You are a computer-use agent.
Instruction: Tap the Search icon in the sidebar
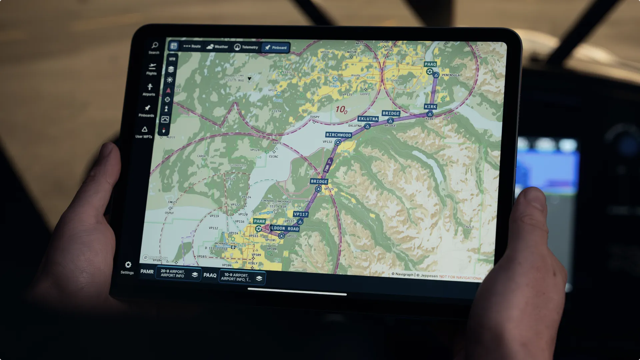pyautogui.click(x=155, y=45)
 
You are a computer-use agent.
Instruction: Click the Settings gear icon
pyautogui.click(x=128, y=265)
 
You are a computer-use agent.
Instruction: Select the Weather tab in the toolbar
pyautogui.click(x=217, y=47)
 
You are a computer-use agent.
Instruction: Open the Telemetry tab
pyautogui.click(x=246, y=47)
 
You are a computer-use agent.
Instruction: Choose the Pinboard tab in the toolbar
pyautogui.click(x=276, y=48)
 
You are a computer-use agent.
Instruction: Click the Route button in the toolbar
pyautogui.click(x=192, y=46)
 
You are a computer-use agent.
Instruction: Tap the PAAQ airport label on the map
pyautogui.click(x=430, y=64)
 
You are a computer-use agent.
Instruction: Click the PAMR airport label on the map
pyautogui.click(x=259, y=221)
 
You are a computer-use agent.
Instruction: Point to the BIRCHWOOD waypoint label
pyautogui.click(x=339, y=135)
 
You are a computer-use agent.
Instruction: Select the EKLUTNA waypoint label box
pyautogui.click(x=368, y=119)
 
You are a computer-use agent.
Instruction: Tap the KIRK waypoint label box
pyautogui.click(x=430, y=107)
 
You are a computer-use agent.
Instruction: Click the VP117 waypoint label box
pyautogui.click(x=301, y=214)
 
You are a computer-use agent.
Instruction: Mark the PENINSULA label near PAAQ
pyautogui.click(x=451, y=75)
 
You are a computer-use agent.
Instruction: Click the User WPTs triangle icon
pyautogui.click(x=144, y=129)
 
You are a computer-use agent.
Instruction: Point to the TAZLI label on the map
pyautogui.click(x=469, y=227)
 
